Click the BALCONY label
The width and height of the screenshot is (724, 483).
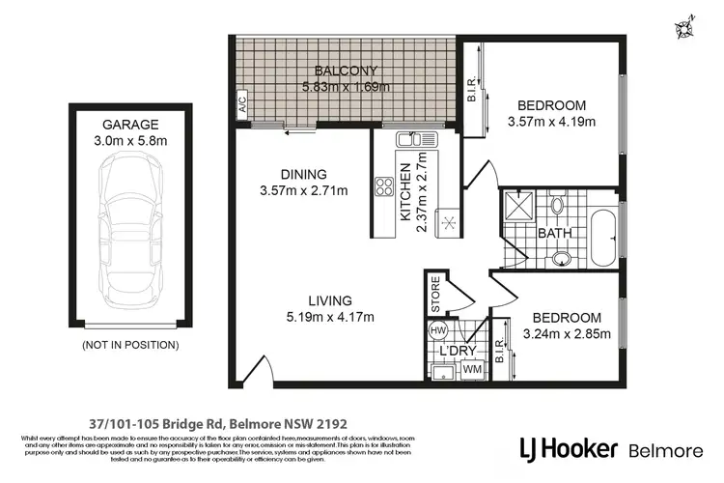(x=344, y=71)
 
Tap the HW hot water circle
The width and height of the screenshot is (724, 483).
(x=437, y=330)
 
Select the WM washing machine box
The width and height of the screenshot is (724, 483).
(x=473, y=367)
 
